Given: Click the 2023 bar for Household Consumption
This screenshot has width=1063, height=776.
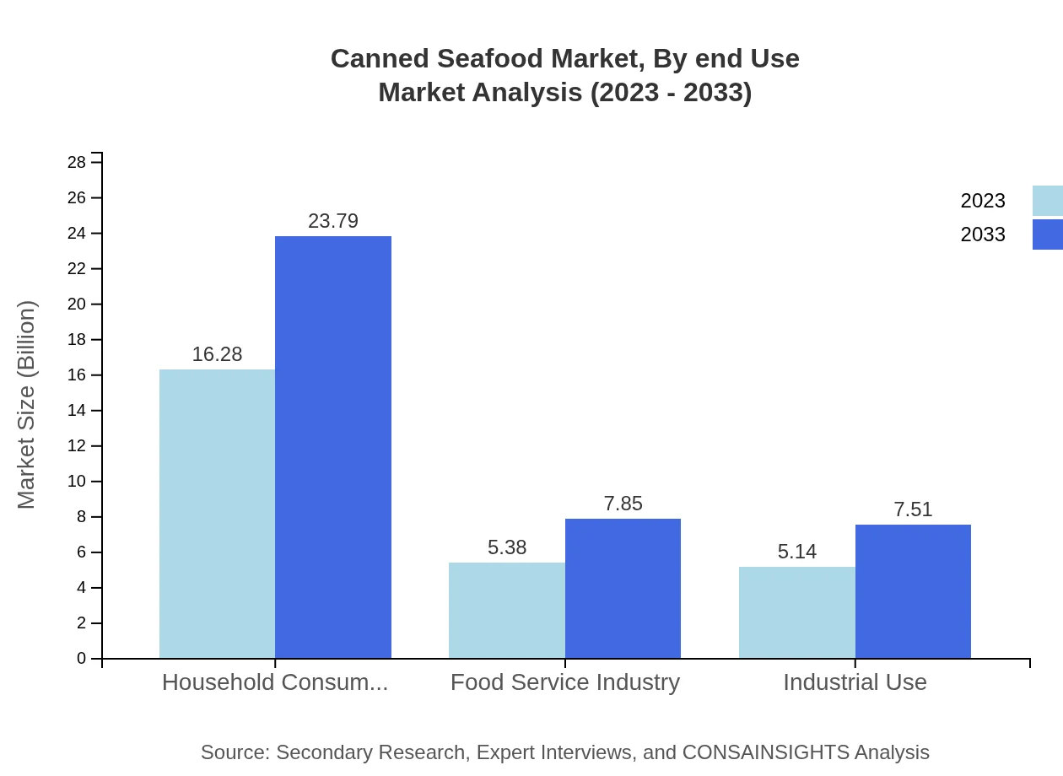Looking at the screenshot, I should click(217, 514).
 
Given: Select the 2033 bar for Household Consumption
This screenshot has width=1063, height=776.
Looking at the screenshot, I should click(333, 447).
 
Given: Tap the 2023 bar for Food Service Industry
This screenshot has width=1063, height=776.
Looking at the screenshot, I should click(507, 610).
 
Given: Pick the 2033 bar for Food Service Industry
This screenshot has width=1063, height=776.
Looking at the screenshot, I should click(623, 588).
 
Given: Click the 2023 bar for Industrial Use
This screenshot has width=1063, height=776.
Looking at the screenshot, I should click(797, 612).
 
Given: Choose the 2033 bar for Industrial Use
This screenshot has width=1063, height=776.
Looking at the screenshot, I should click(913, 591).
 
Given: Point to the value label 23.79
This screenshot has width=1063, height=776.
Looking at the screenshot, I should click(333, 221).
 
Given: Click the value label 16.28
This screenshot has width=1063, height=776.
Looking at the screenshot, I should click(217, 354).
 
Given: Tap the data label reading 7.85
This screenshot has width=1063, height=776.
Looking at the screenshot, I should click(623, 504).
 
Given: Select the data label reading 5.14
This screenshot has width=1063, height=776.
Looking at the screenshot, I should click(797, 552).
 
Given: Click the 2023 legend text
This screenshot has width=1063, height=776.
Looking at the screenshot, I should click(983, 201).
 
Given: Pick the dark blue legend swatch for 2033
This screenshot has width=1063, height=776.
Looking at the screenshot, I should click(1048, 234).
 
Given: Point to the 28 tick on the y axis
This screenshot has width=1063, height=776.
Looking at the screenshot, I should click(77, 162).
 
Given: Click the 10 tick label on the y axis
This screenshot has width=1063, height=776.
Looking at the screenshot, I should click(77, 482).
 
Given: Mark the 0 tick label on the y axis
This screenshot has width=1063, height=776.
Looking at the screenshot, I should click(82, 659).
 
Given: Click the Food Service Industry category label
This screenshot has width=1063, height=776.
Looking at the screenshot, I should click(565, 682).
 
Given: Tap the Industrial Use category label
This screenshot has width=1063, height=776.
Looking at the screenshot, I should click(855, 682).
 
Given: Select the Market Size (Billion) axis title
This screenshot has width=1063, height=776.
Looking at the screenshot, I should click(26, 405).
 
